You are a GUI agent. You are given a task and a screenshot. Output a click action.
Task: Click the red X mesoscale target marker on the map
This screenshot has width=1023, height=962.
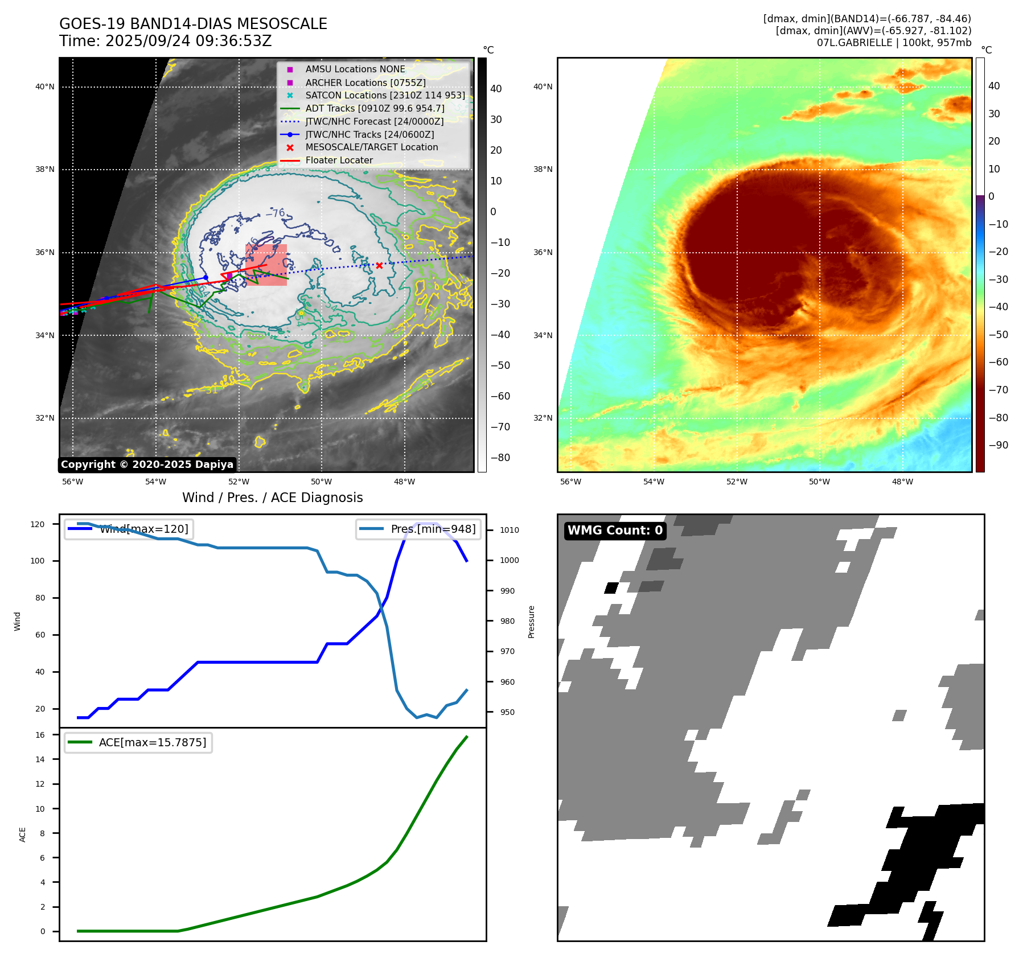379,265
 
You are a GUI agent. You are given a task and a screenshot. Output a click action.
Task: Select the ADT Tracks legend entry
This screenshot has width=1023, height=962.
375,108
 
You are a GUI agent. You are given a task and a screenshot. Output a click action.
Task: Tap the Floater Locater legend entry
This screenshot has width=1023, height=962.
339,161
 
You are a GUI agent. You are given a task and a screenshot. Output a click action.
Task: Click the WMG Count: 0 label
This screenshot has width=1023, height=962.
615,531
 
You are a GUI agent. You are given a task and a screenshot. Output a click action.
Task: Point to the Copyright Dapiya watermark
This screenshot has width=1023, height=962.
147,464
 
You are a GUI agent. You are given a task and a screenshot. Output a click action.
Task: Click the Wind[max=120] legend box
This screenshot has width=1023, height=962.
129,529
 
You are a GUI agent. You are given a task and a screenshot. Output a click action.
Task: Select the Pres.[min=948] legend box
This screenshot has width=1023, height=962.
418,529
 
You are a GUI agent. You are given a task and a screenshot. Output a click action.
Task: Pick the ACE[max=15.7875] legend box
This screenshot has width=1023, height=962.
138,742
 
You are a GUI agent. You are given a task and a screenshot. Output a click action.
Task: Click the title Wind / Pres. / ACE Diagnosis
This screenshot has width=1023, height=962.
272,498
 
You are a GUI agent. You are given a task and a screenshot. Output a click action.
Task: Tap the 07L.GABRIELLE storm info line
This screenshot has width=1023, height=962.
894,43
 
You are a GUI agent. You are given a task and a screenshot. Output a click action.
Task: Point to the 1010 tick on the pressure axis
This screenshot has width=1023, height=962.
510,530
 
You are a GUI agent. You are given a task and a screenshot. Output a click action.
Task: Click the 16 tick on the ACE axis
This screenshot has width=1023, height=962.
40,735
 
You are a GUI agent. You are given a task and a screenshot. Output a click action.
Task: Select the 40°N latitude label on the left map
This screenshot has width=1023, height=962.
45,87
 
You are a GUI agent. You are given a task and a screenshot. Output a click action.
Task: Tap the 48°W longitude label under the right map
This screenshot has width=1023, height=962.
902,482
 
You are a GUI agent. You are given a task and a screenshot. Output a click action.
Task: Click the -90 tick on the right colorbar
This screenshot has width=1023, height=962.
998,445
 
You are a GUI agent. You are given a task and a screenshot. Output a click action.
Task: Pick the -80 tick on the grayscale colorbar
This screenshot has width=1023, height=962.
500,458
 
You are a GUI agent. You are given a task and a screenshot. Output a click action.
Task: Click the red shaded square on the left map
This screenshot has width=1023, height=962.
266,265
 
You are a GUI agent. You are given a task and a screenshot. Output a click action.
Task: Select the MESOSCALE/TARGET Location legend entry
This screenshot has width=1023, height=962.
371,147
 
